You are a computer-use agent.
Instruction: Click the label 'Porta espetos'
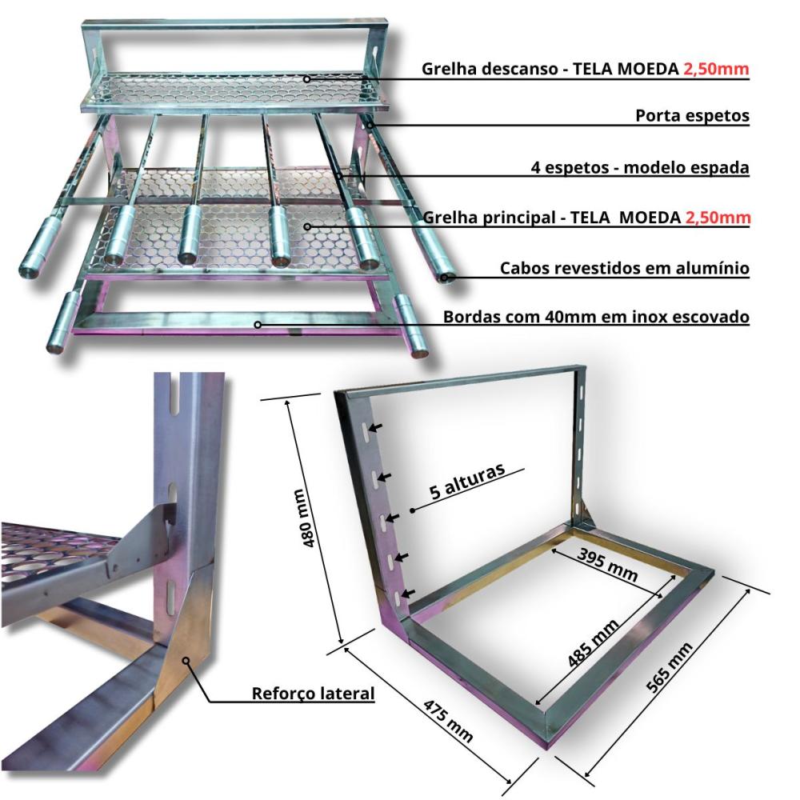point(692,116)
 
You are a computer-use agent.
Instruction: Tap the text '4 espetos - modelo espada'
point(640,167)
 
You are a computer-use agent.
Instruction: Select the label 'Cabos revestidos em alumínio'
point(625,268)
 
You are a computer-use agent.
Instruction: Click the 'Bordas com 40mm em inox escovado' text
point(596,317)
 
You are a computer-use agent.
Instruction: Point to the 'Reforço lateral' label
point(314,694)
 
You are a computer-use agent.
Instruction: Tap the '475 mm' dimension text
point(448,720)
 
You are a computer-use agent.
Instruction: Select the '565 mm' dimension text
point(669,667)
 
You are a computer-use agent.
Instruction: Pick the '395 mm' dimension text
point(608,565)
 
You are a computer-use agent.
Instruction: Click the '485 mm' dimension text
point(594,642)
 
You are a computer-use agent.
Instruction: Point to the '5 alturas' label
point(467,481)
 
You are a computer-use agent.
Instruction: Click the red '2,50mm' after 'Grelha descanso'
point(716,68)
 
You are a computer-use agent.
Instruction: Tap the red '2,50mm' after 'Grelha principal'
point(718,218)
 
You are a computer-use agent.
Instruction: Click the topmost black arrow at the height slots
point(378,427)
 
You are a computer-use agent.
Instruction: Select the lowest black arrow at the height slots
point(408,594)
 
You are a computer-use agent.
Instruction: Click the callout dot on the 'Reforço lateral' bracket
point(186,660)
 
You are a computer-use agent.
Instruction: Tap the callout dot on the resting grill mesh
point(306,79)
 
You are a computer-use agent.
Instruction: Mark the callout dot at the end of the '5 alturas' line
point(412,510)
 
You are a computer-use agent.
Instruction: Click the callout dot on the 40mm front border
point(258,325)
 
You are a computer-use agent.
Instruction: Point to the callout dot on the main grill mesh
point(307,226)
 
